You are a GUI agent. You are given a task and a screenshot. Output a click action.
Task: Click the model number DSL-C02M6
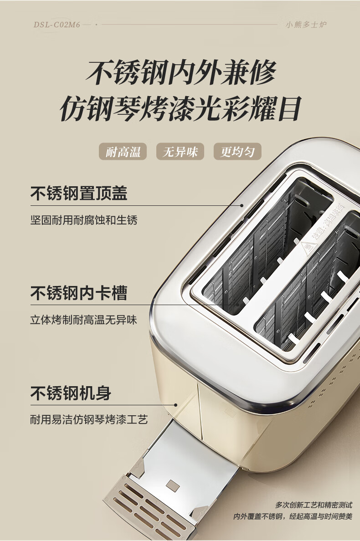57,25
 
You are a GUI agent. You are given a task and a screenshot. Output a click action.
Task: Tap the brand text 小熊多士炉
306,25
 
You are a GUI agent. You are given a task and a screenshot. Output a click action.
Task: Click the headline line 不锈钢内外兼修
181,72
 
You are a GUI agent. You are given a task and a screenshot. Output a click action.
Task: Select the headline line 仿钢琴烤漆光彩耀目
181,109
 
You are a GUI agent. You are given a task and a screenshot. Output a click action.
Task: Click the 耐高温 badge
123,152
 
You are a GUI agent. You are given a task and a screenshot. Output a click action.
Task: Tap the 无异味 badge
180,152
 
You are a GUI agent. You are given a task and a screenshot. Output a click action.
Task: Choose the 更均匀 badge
237,152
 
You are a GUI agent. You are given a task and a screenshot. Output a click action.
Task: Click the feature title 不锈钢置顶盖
79,194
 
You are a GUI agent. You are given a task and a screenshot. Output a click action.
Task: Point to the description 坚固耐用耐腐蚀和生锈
84,220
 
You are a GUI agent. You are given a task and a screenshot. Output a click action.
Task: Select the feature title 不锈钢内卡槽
79,293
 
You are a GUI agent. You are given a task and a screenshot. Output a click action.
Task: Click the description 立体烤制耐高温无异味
84,319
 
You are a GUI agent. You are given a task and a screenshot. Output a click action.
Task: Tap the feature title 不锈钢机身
71,393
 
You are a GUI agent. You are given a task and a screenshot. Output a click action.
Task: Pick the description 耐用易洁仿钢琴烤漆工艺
89,419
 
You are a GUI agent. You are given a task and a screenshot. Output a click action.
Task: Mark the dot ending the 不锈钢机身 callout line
176,404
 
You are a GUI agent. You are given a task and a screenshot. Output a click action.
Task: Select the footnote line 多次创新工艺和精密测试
314,505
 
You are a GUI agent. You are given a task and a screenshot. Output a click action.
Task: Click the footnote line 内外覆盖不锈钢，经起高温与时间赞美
293,516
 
